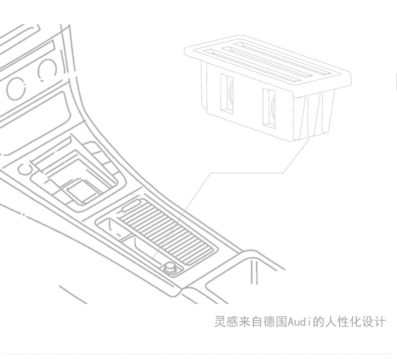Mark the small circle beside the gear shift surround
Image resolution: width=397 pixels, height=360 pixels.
[x=24, y=169]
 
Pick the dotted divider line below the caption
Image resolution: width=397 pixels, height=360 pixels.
[x=198, y=353]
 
